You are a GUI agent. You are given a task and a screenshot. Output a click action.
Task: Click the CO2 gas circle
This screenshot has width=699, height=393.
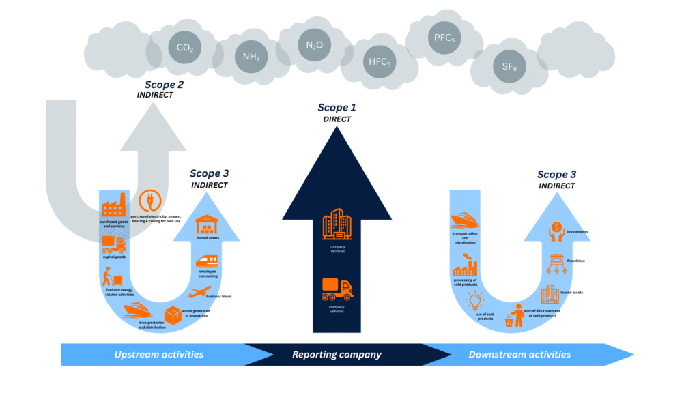point(184,48)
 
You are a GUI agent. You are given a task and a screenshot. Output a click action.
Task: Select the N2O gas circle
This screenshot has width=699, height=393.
point(315,45)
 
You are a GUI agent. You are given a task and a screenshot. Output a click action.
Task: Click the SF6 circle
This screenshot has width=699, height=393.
point(509,66)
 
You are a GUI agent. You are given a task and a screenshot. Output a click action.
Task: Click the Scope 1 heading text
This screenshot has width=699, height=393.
point(337,108)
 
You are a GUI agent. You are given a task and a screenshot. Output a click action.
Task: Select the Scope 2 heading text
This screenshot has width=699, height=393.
point(163,85)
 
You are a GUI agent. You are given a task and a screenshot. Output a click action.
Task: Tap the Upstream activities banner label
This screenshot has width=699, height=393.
point(159,354)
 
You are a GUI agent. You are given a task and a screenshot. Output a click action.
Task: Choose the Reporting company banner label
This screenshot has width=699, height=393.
point(337,354)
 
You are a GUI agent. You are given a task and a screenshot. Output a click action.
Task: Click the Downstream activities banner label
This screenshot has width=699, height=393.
point(519,354)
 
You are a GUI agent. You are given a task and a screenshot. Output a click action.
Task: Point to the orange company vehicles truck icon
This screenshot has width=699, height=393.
point(337,289)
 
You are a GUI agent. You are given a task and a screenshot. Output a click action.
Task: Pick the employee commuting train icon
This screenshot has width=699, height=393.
point(208,261)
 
